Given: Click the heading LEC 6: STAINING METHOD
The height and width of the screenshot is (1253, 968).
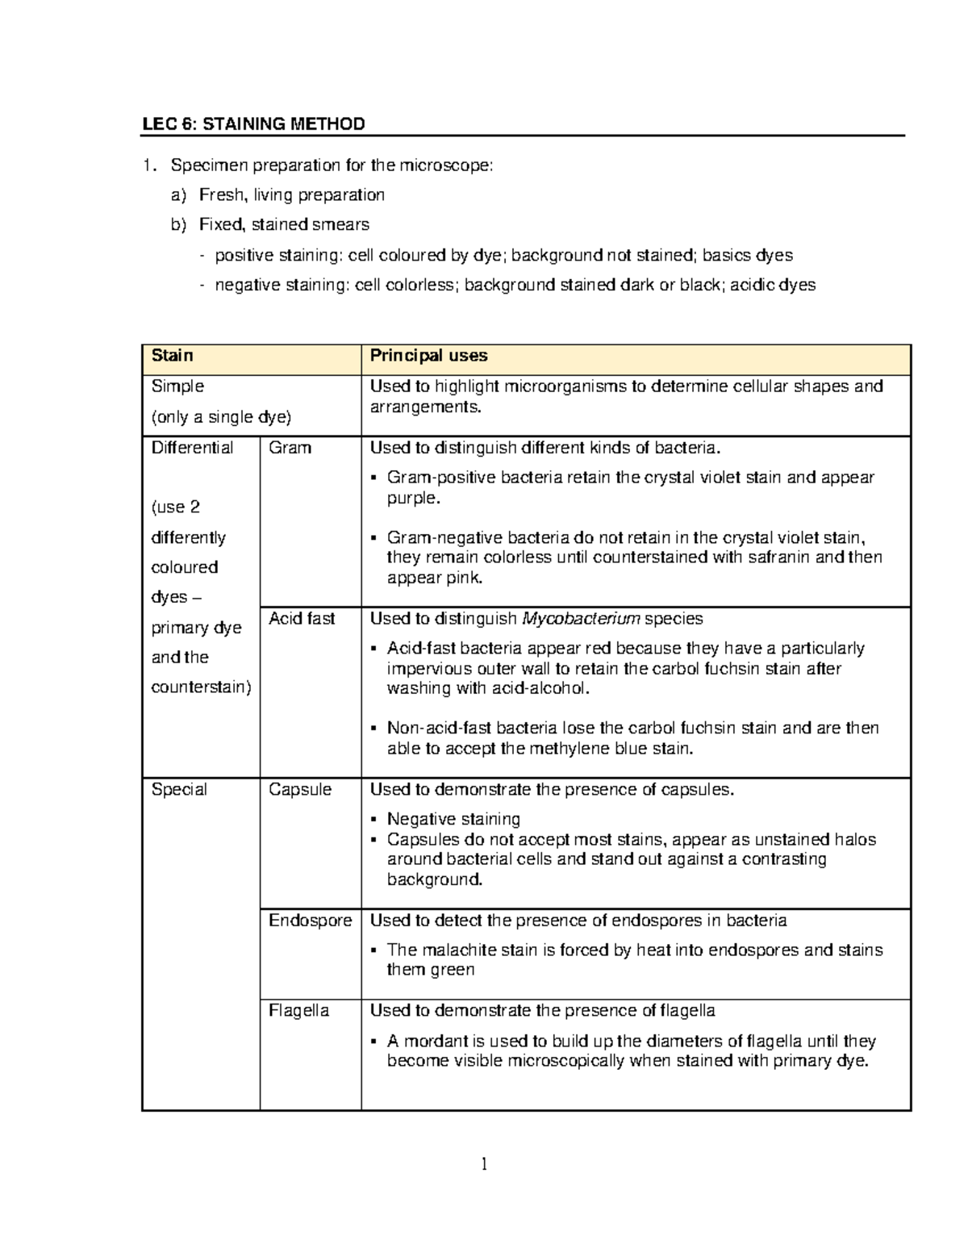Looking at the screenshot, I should tap(253, 124).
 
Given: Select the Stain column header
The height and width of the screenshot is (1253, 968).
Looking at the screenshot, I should tap(172, 356).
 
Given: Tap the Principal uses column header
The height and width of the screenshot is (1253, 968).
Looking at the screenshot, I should tap(428, 356).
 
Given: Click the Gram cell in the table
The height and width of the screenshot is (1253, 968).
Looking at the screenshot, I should tap(290, 448).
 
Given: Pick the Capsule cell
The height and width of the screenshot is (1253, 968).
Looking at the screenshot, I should tap(299, 790).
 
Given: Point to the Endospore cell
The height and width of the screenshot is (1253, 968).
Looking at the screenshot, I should tap(310, 921).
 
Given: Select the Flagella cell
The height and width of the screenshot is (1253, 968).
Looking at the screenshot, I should tap(298, 1011).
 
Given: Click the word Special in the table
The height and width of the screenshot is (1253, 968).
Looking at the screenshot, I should tap(179, 790).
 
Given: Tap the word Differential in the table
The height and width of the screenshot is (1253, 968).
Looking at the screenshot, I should tap(192, 448).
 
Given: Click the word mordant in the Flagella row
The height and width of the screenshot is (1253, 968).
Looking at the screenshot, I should tap(436, 1041).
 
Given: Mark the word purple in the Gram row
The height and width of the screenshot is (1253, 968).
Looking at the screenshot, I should tap(412, 498).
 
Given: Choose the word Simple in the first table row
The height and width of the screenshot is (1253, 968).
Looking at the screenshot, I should tap(177, 386).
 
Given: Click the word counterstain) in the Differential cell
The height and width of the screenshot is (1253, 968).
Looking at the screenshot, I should tap(202, 687).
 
